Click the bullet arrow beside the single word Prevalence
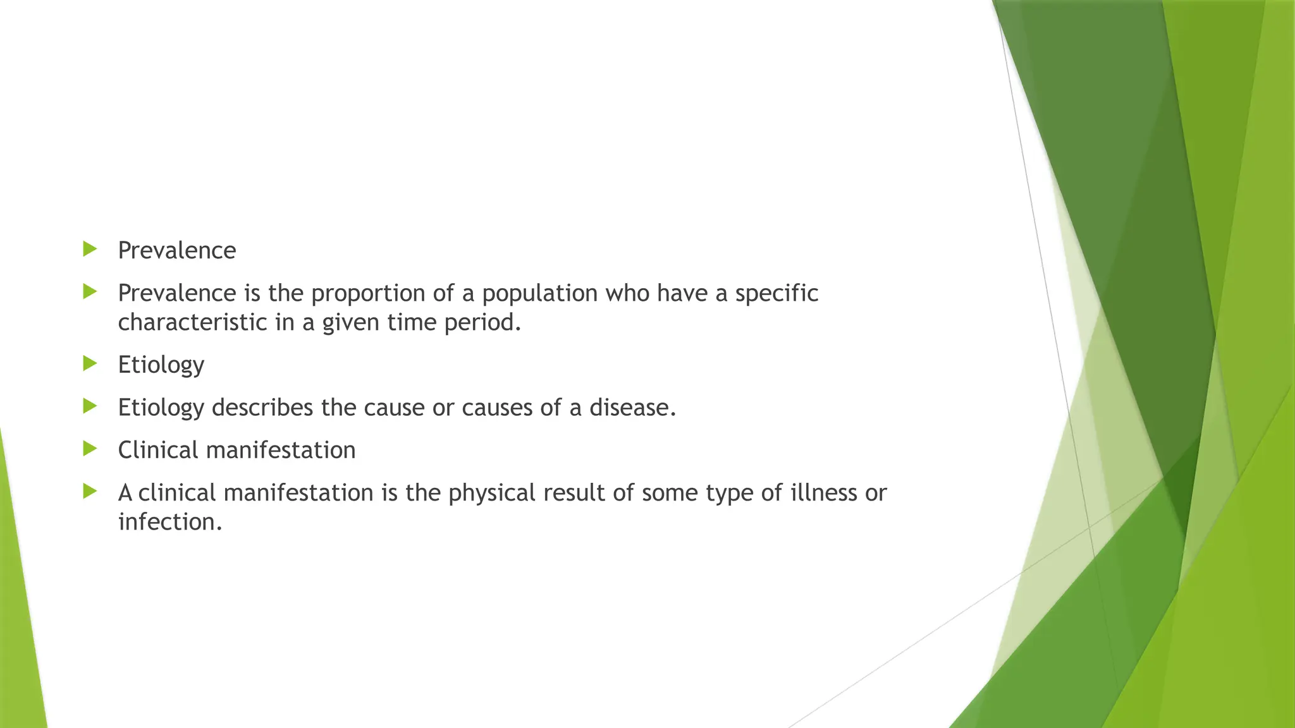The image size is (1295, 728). [90, 249]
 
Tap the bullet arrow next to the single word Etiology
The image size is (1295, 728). [90, 363]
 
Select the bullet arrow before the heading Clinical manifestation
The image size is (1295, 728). [90, 449]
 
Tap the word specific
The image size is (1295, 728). [776, 294]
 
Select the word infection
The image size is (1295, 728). [169, 522]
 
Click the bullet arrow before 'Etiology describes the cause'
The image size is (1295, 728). [90, 406]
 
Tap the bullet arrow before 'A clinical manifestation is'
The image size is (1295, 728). [90, 491]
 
